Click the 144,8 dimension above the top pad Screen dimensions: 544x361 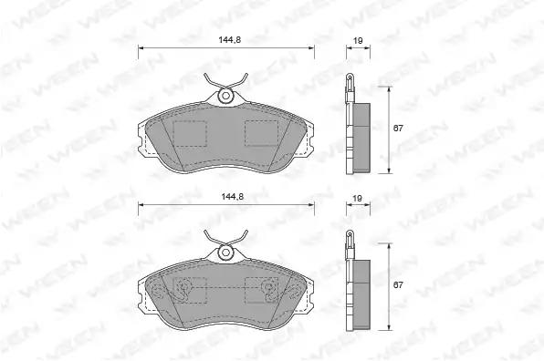(x=230, y=40)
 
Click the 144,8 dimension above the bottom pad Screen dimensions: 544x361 (x=233, y=197)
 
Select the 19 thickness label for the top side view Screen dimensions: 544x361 (x=358, y=40)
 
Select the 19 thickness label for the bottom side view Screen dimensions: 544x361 (x=357, y=198)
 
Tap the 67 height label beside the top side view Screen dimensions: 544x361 (x=398, y=129)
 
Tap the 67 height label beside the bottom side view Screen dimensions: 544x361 (x=398, y=284)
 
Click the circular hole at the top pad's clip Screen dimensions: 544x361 (x=225, y=96)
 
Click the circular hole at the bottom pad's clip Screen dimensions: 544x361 (x=225, y=253)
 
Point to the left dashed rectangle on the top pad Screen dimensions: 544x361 (x=190, y=133)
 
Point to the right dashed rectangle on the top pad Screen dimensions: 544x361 (x=261, y=133)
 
